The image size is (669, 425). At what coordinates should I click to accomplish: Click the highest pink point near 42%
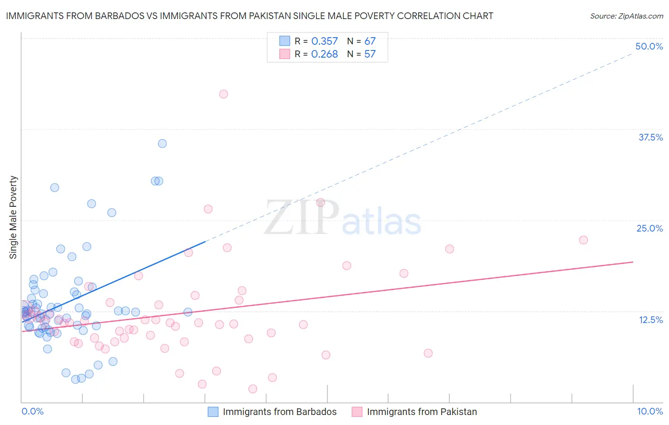point(224,94)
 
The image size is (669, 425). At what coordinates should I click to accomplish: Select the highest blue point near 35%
point(162,143)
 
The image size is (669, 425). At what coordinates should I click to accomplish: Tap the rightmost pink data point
point(583,240)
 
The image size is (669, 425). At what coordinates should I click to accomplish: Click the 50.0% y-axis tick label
point(649,46)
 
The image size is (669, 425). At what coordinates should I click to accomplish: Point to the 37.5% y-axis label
point(650,137)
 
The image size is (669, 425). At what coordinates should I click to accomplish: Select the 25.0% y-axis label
point(649,228)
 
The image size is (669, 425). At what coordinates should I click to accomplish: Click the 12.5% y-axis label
point(650,320)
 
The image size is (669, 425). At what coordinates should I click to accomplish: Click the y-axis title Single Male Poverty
point(13,217)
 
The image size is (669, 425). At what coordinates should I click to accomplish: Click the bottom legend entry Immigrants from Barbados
point(279,412)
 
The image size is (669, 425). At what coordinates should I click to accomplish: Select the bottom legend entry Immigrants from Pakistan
point(422,412)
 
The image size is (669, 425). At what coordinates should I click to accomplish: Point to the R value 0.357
point(325,41)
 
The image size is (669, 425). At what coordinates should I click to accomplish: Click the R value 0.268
point(325,54)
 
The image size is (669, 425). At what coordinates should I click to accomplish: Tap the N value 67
point(370,41)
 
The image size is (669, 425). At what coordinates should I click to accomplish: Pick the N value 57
point(370,54)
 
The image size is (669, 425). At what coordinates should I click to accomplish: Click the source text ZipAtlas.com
point(627,16)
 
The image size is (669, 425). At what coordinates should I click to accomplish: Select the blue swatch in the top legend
point(285,41)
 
